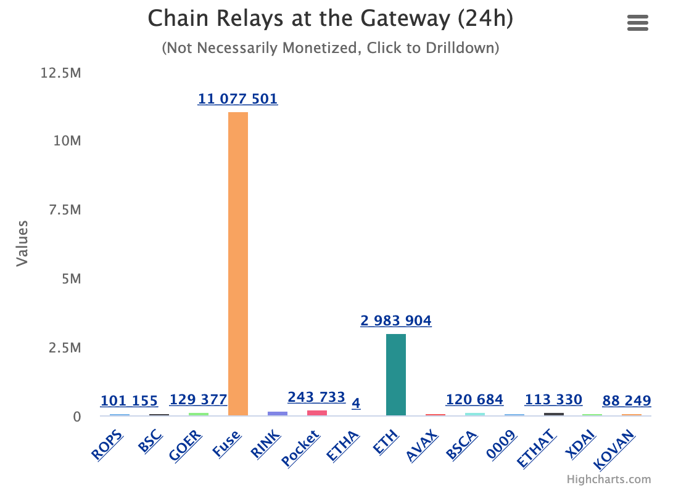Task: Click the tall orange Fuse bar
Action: (x=238, y=264)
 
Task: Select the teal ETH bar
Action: (x=396, y=375)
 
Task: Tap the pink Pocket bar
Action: (x=317, y=412)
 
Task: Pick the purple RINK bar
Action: (x=278, y=413)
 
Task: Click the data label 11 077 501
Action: (x=237, y=99)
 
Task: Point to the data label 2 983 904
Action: (x=396, y=320)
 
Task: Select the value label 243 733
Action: (x=316, y=397)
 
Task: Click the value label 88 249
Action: (x=627, y=401)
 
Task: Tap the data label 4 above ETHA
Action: (x=356, y=404)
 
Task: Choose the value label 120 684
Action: (x=474, y=400)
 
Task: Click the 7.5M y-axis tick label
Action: (x=65, y=210)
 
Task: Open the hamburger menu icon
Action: (x=638, y=23)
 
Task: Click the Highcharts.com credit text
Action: (x=609, y=479)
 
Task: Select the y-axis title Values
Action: (x=22, y=243)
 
